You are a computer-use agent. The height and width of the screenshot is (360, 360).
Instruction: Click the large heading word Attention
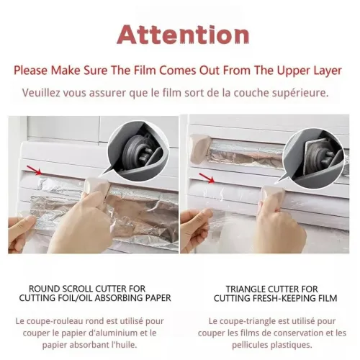(183, 35)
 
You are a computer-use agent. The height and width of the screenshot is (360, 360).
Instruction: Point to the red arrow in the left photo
(35, 170)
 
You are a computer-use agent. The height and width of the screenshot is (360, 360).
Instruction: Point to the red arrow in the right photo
(207, 178)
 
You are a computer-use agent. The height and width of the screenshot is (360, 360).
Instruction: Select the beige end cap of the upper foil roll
(199, 148)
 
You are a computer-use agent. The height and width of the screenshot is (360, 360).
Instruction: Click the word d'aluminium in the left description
(113, 333)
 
